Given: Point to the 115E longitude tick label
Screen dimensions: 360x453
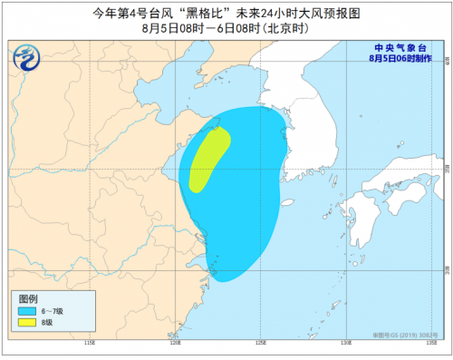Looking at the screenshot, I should [89, 344].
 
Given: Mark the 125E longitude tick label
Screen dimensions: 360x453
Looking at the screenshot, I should [260, 344].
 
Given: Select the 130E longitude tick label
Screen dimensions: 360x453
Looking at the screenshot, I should [345, 344].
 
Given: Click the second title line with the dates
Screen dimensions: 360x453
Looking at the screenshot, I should [226, 27].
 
